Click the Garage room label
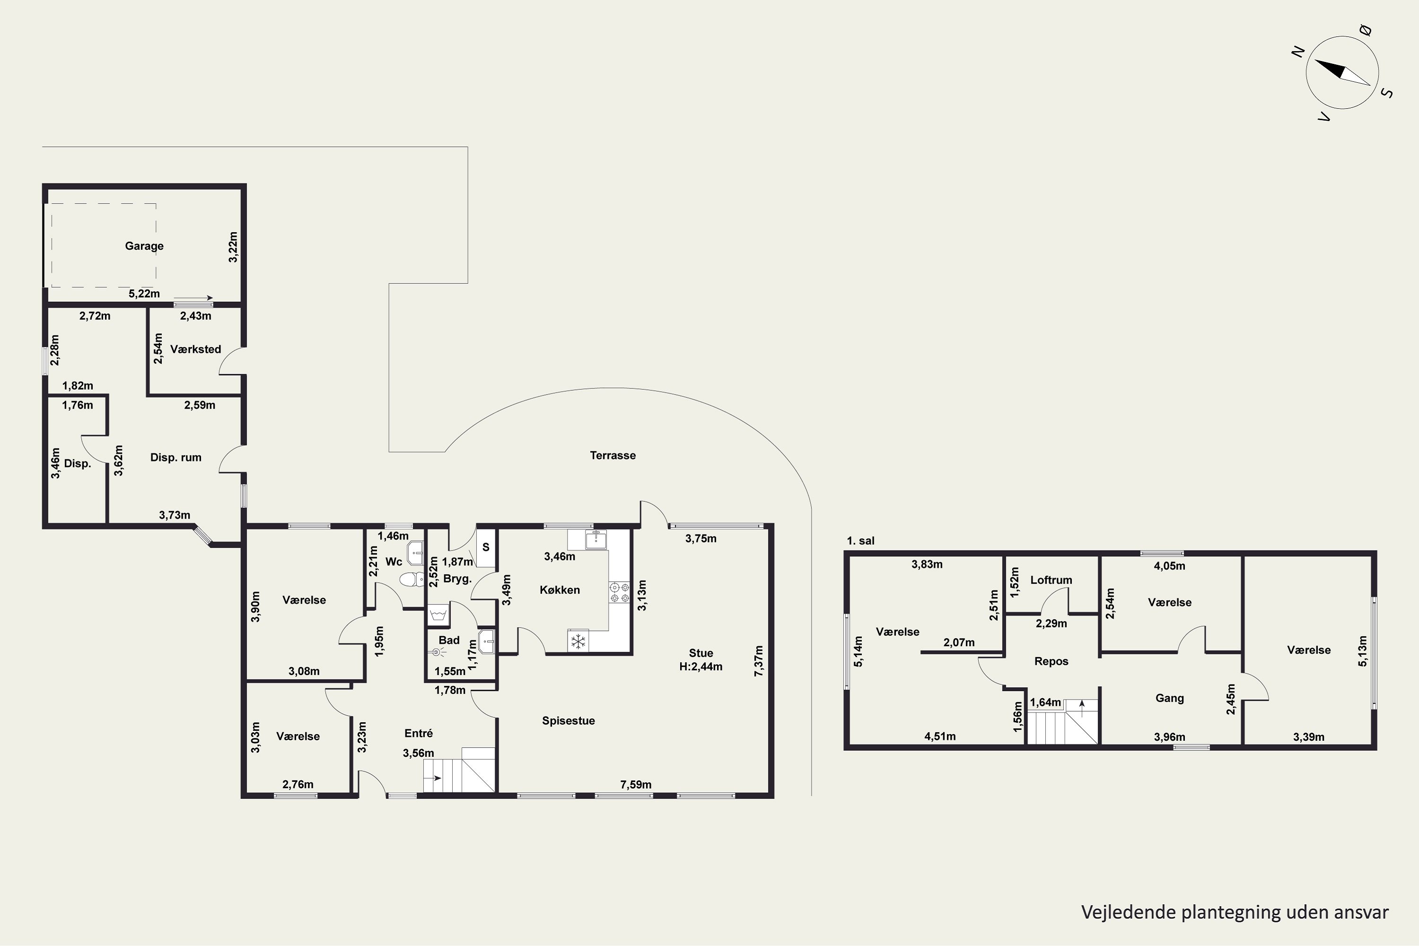coord(144,246)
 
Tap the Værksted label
coord(195,350)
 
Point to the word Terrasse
coord(613,455)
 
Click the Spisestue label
coord(569,721)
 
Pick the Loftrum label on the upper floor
coord(1051,580)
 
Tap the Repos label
coord(1051,662)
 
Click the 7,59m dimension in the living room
coord(636,784)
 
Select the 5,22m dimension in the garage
coord(144,294)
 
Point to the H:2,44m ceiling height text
coord(701,666)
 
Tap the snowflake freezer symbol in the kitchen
coord(578,641)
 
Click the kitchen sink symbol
coord(596,539)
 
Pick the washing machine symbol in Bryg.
coord(438,614)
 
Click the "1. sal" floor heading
coord(860,541)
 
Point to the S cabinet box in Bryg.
coord(486,548)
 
